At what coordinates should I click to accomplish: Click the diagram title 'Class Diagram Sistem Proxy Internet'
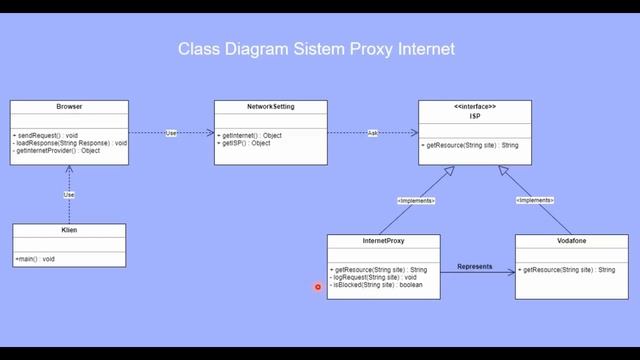pos(316,48)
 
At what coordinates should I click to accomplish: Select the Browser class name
pos(68,106)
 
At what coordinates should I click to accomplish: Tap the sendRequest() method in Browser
pos(45,134)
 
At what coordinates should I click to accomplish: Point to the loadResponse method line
pos(70,142)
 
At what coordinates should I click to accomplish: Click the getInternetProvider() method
pos(57,151)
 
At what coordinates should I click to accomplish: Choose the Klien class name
pos(68,230)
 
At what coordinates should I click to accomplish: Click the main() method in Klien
pos(35,259)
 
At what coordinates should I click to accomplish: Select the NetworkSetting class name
pos(270,106)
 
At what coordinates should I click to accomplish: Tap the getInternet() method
pos(250,134)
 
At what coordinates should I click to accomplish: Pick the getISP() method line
pos(244,143)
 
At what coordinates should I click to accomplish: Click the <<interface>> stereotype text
pos(475,106)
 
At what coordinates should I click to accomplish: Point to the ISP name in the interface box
pos(475,115)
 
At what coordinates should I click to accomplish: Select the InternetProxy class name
pos(383,241)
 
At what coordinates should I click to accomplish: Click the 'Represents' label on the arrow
pos(476,266)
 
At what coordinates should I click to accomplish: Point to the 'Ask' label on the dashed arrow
pos(372,133)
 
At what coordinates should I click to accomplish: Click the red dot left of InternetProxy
pos(317,287)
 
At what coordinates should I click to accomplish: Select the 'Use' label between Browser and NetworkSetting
pos(171,133)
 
